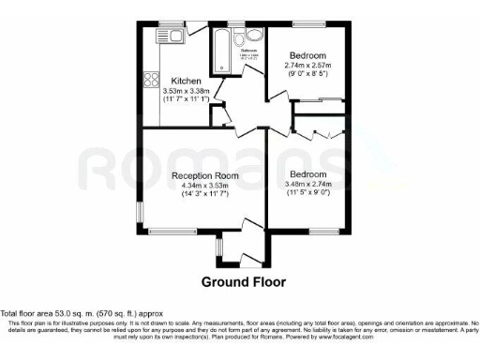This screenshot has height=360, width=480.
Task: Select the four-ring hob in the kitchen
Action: pyautogui.click(x=150, y=81)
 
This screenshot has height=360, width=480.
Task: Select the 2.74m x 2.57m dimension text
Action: pyautogui.click(x=307, y=65)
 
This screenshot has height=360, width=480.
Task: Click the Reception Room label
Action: pyautogui.click(x=205, y=175)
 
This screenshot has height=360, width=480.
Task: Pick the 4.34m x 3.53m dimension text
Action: pyautogui.click(x=205, y=186)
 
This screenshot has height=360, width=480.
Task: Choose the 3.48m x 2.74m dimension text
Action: pyautogui.click(x=307, y=186)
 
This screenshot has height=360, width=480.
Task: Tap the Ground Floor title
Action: pyautogui.click(x=239, y=281)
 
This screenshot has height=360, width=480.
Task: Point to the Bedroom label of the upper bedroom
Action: pyautogui.click(x=307, y=55)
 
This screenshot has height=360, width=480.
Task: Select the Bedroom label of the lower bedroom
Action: pyautogui.click(x=307, y=175)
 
